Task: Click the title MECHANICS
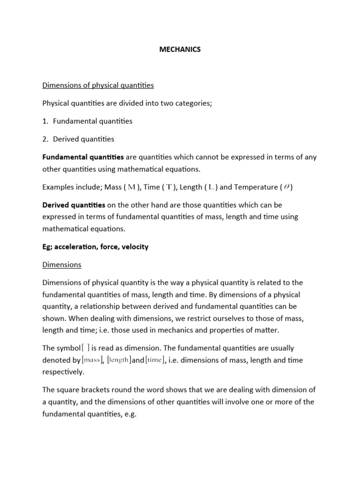180,49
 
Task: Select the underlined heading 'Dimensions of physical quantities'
98,85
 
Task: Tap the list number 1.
45,121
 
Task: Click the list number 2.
45,139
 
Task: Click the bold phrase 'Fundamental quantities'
83,157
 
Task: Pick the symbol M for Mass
132,187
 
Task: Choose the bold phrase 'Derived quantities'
74,205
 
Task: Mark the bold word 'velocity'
134,247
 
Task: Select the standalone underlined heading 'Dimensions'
61,264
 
